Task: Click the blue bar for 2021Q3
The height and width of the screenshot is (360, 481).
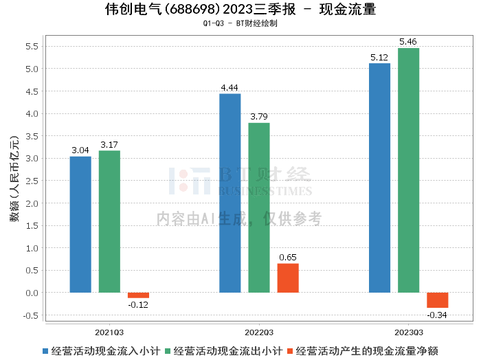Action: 80,225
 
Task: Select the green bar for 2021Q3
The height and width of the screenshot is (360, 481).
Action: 109,221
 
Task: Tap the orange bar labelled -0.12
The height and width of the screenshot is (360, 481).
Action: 138,295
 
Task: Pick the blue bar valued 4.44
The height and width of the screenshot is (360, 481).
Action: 230,193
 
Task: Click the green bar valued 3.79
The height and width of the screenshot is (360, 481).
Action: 259,207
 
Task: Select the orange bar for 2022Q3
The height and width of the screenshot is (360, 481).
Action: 288,278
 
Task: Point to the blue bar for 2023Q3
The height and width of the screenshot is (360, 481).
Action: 379,178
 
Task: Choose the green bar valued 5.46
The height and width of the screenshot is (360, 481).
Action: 409,170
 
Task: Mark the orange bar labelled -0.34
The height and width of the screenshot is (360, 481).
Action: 438,300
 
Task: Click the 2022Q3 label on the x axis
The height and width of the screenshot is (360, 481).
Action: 259,333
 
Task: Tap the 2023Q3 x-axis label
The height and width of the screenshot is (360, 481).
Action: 409,333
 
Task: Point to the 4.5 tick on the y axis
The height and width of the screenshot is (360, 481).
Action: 32,91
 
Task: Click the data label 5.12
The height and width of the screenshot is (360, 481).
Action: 379,57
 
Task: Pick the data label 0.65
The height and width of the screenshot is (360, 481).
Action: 288,257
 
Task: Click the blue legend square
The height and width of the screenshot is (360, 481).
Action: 45,351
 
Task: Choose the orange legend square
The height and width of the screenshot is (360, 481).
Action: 290,351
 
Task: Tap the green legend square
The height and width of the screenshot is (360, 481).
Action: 168,351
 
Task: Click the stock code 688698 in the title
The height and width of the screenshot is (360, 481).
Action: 192,9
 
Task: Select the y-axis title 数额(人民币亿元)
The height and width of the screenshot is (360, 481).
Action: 14,179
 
